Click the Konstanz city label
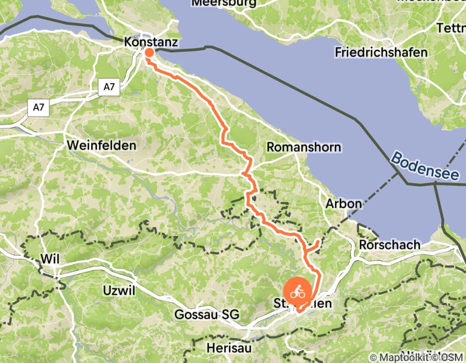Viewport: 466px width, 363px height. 151,42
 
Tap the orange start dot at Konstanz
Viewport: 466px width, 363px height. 149,52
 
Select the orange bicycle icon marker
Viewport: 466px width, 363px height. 297,292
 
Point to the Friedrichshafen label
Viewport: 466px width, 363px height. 381,52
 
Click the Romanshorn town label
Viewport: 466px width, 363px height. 304,147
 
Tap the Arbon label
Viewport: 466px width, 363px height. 343,204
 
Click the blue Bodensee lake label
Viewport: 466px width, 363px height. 425,166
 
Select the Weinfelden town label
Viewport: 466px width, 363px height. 101,146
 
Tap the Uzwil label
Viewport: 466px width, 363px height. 119,290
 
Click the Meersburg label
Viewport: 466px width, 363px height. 224,3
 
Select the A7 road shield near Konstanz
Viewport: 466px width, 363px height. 108,87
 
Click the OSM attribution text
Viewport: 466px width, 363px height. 452,357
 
